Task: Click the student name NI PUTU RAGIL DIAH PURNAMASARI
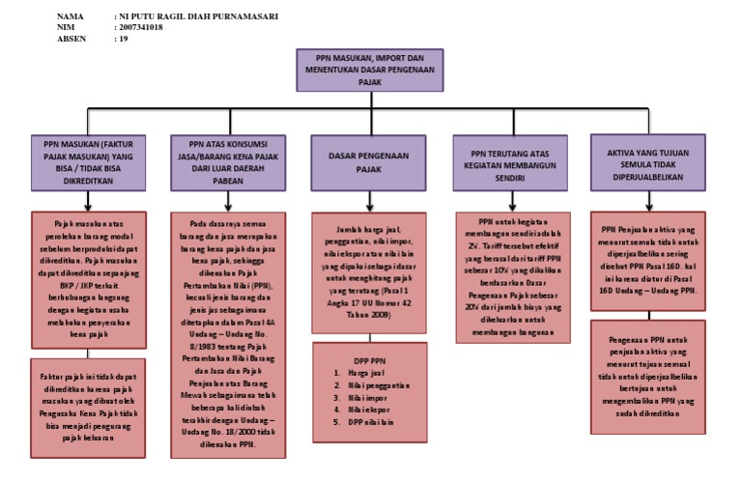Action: tap(198, 16)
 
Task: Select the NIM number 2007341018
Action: tap(141, 28)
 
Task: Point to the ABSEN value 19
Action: tap(124, 39)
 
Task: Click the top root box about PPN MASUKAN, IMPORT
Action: tap(369, 71)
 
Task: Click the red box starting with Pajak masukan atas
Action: tap(89, 274)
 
